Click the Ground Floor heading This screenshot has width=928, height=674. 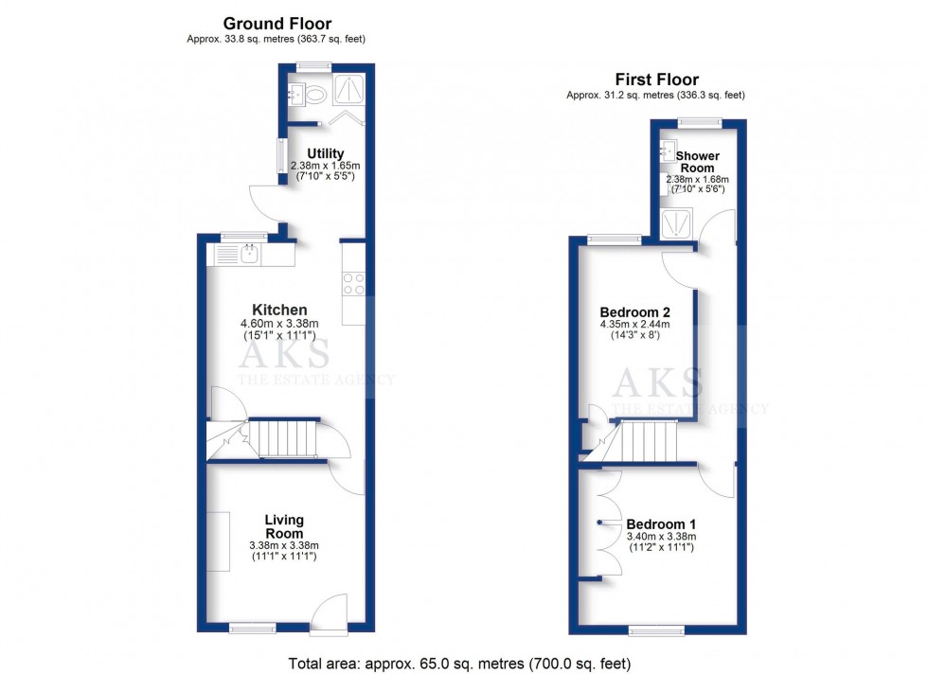pos(277,23)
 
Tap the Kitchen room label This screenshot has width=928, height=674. pos(279,310)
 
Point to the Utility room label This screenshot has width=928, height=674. pos(325,153)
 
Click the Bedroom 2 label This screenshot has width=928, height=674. pos(635,312)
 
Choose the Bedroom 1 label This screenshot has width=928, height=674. pos(661,524)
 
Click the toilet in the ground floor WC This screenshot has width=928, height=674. pos(316,94)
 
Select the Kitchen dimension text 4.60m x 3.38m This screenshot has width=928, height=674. pos(279,324)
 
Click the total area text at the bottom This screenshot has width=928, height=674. pos(459,664)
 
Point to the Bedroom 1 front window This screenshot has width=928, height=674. pos(656,630)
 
